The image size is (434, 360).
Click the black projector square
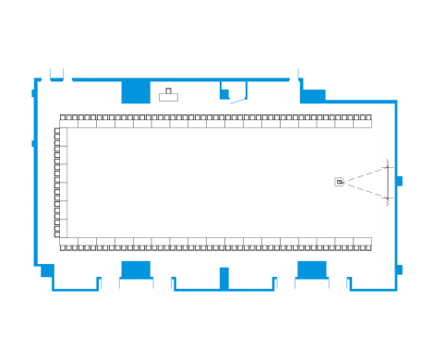pyautogui.click(x=339, y=182)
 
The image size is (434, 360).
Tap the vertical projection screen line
pyautogui.click(x=389, y=182)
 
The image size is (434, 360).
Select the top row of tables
pyautogui.click(x=216, y=121)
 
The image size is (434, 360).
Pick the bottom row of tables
pyautogui.click(x=216, y=244)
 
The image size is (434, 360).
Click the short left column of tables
pyautogui.click(x=60, y=183)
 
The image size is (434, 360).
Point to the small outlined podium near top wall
pyautogui.click(x=168, y=94)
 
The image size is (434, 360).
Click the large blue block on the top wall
pyautogui.click(x=136, y=92)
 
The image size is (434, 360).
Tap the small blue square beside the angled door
pyautogui.click(x=223, y=92)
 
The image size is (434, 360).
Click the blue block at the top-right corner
pyautogui.click(x=313, y=96)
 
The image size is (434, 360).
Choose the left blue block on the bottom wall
pyautogui.click(x=136, y=269)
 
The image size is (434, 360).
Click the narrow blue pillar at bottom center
pyautogui.click(x=223, y=278)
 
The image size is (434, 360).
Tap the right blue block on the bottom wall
pyautogui.click(x=311, y=269)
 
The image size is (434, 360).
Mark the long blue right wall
pyautogui.click(x=397, y=185)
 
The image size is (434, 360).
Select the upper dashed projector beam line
pyautogui.click(x=366, y=173)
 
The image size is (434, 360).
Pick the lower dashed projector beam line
pyautogui.click(x=366, y=191)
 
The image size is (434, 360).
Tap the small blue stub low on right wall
pyautogui.click(x=399, y=270)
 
